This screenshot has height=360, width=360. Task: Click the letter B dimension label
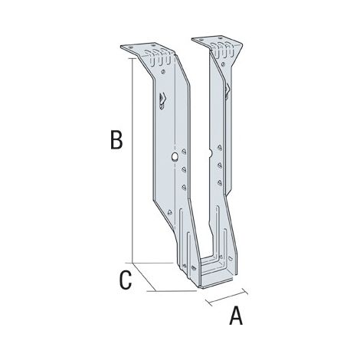coord(116,139)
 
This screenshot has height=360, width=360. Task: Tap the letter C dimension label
coord(125,280)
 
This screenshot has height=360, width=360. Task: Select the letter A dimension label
coord(236,316)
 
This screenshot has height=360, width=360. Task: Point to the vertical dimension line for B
coord(133,161)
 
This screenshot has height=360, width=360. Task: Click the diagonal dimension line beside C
coord(144,277)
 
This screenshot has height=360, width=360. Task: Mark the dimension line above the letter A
coord(227,297)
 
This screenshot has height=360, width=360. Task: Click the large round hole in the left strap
coord(175,157)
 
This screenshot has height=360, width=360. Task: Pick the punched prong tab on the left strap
coord(162,100)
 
